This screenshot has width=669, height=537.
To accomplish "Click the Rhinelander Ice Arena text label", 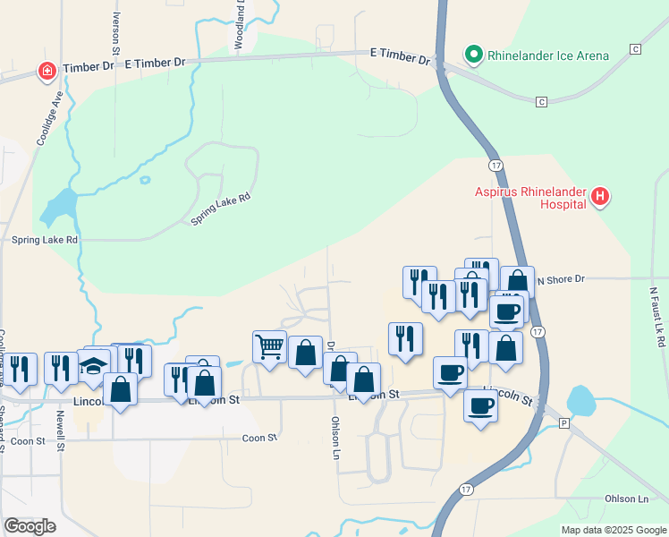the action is click(x=547, y=55).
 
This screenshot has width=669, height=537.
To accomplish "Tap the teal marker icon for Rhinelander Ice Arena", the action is click(x=474, y=55).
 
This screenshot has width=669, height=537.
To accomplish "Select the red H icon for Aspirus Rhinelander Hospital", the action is click(x=600, y=196).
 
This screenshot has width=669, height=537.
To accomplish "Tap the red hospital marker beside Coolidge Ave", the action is click(x=46, y=70).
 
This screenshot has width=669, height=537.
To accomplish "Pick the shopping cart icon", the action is click(x=269, y=345).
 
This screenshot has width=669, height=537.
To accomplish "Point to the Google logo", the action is click(x=30, y=526).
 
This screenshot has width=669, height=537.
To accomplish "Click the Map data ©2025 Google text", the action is click(x=613, y=530).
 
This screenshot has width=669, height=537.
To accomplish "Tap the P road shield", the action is click(x=563, y=422).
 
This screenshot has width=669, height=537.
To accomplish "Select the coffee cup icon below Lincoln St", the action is click(x=480, y=406).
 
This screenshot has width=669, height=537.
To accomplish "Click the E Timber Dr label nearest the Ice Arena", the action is click(x=400, y=55).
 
